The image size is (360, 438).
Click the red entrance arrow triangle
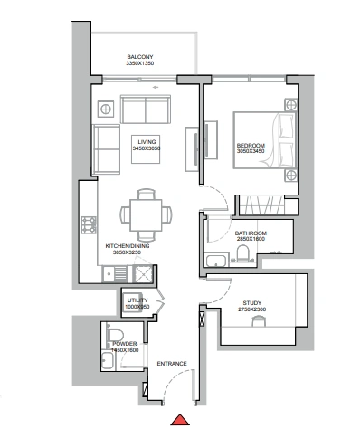pyautogui.click(x=180, y=420)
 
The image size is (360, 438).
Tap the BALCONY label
pyautogui.click(x=140, y=57)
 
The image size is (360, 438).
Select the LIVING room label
pyautogui.click(x=147, y=142)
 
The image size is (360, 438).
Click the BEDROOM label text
pyautogui.click(x=251, y=146)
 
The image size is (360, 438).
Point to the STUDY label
pyautogui.click(x=252, y=303)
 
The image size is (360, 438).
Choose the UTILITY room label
pyautogui.click(x=137, y=300)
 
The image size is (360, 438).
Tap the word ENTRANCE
pyautogui.click(x=172, y=364)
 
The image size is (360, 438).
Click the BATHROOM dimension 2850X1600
pyautogui.click(x=251, y=239)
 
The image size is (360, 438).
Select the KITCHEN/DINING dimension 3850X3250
pyautogui.click(x=127, y=252)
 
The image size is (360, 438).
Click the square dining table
pyautogui.click(x=146, y=215)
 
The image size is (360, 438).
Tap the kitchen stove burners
pyautogui.click(x=89, y=225)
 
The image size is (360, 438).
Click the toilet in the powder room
pyautogui.click(x=115, y=335)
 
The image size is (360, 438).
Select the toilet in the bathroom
pyautogui.click(x=242, y=252)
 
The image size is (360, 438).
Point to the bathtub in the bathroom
pyautogui.click(x=216, y=261)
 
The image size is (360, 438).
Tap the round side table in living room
pyautogui.click(x=106, y=109)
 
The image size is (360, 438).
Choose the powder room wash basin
pyautogui.click(x=108, y=360)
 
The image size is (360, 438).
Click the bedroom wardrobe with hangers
pyautogui.click(x=261, y=205)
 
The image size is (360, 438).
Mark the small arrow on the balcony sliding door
pyautogui.click(x=156, y=88)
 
